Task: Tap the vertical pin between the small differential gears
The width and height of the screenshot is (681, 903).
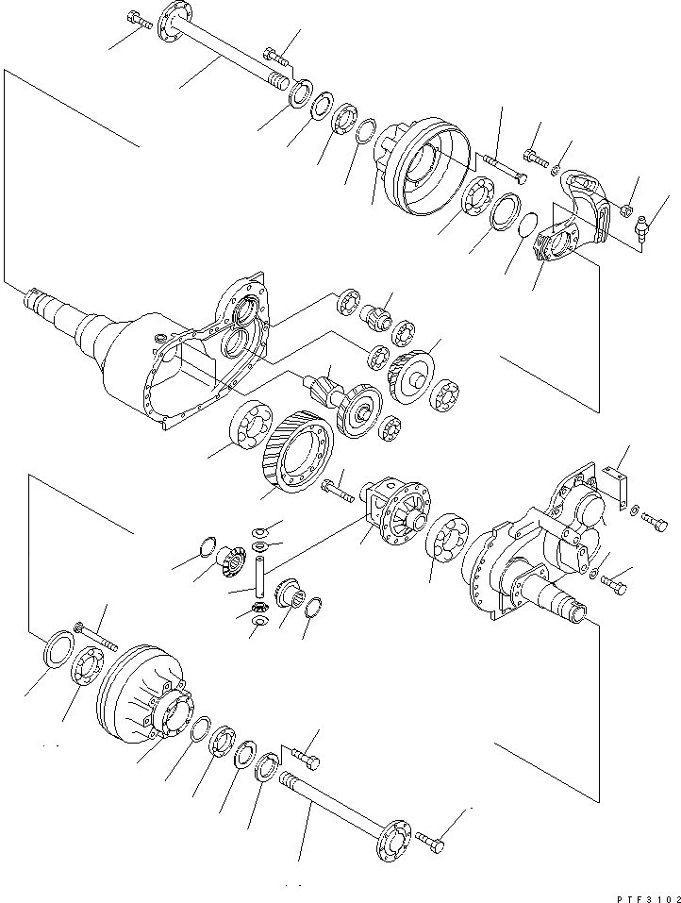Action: (257, 577)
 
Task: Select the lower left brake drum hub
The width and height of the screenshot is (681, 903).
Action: (141, 690)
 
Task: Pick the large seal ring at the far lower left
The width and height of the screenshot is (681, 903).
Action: (59, 651)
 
